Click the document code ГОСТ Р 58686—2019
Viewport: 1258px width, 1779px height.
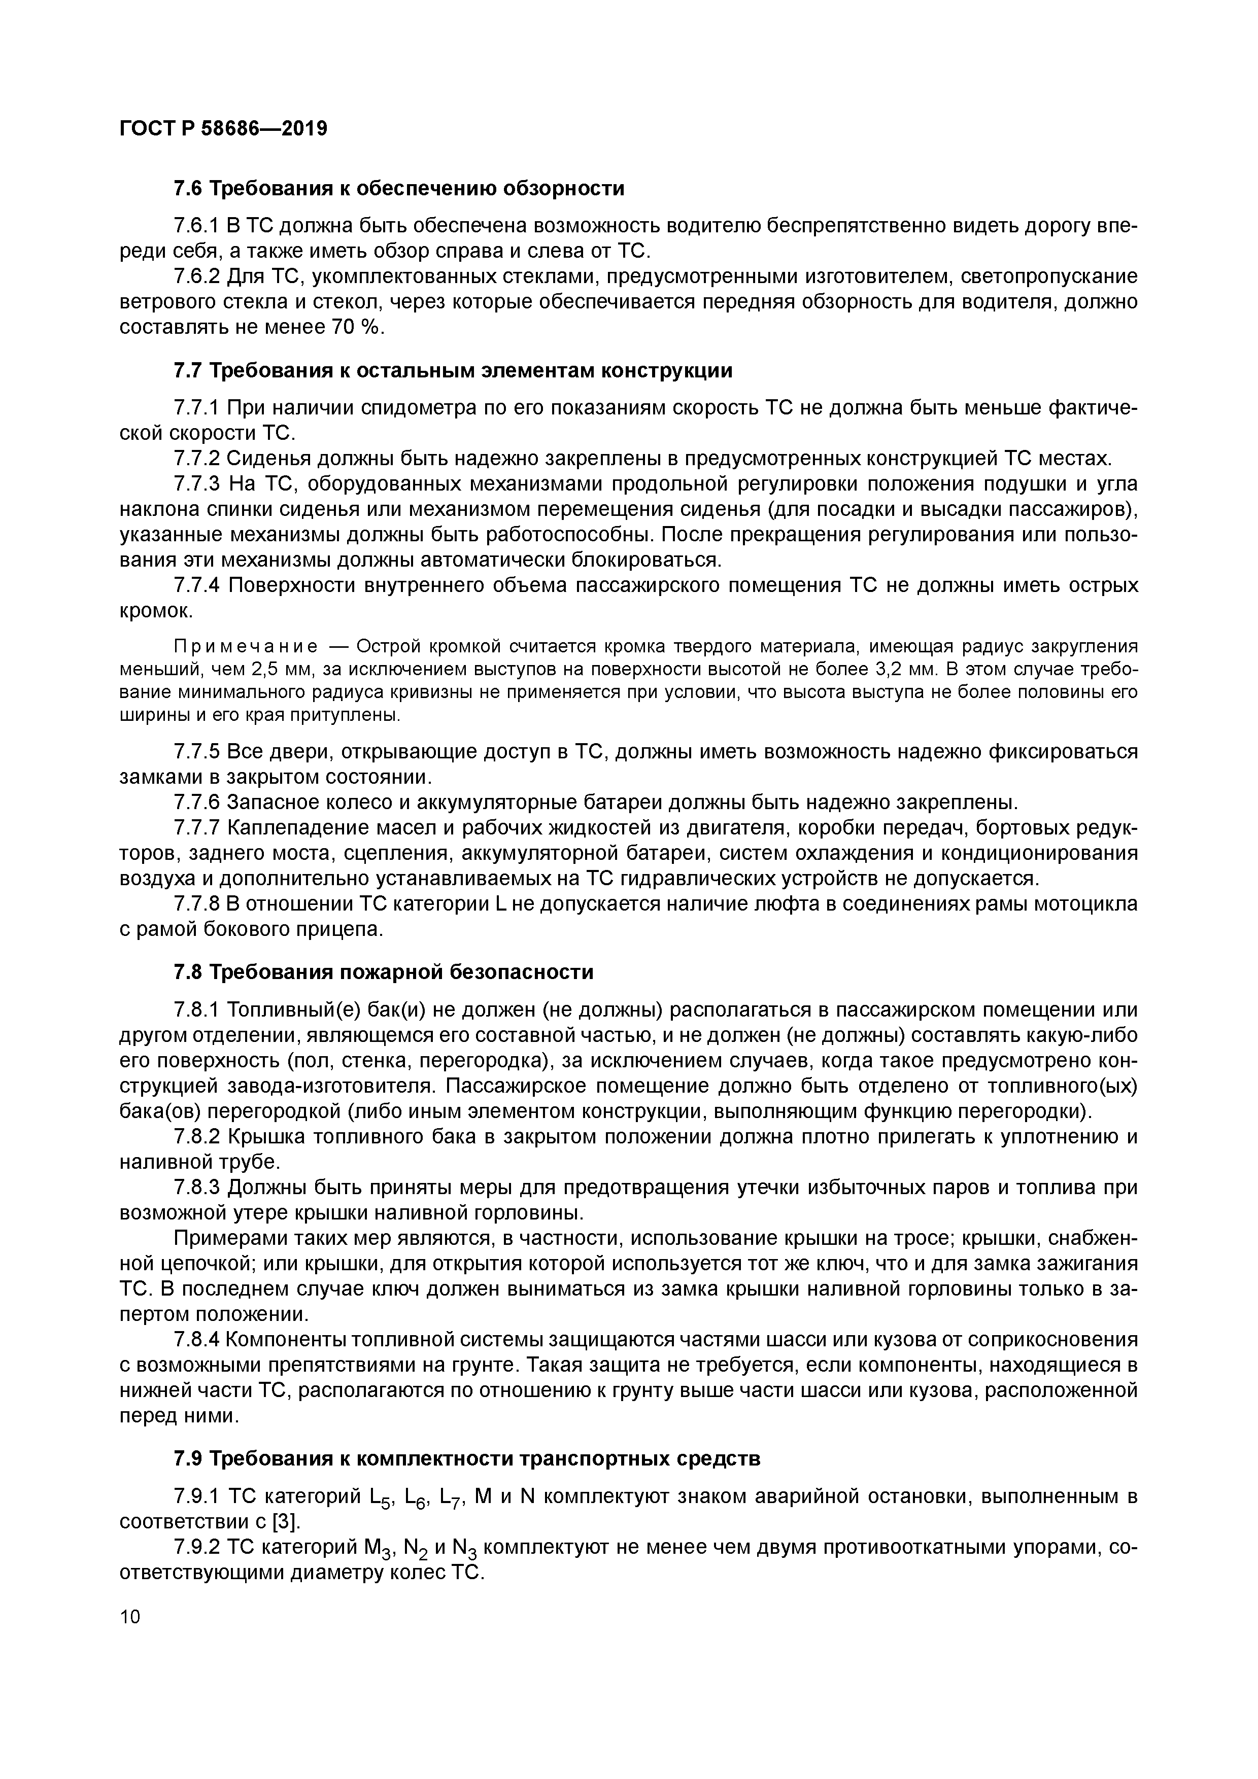(223, 129)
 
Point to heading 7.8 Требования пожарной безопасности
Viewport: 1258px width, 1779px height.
(383, 971)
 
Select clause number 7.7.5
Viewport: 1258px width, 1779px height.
(197, 752)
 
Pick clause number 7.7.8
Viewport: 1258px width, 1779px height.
(197, 904)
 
